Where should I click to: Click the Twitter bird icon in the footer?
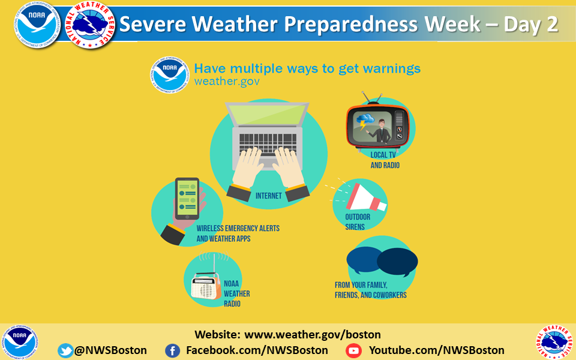tap(65, 350)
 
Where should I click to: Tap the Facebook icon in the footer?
tap(172, 350)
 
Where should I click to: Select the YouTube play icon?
tap(353, 351)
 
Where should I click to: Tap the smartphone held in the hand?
tap(187, 199)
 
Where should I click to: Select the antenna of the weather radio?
tap(214, 263)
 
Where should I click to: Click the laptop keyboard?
tap(268, 143)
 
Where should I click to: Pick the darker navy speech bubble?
tap(397, 262)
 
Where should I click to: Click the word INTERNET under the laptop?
tap(269, 196)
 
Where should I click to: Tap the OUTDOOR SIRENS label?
tap(358, 222)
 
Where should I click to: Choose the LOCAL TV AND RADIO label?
tap(385, 160)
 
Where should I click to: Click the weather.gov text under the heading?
tap(227, 81)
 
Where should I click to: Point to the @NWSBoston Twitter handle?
tap(110, 350)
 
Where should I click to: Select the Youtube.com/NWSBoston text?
tap(436, 350)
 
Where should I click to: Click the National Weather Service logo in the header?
tap(91, 25)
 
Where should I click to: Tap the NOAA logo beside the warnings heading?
tap(170, 74)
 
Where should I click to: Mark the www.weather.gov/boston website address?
tap(313, 335)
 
